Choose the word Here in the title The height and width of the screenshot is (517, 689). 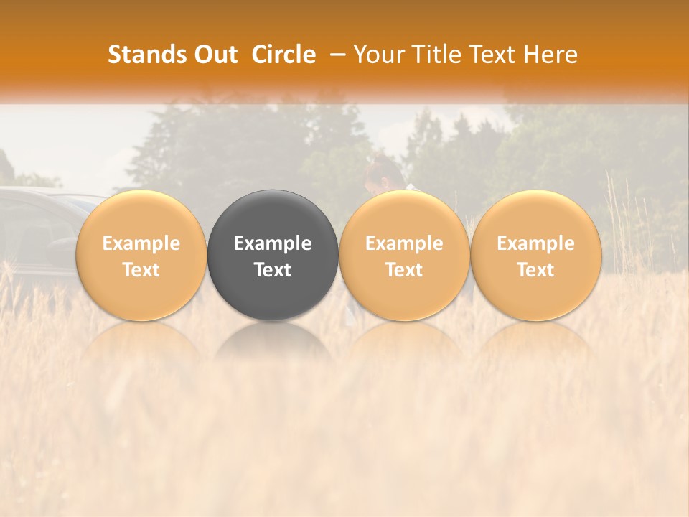click(550, 55)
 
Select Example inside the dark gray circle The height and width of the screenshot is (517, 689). click(273, 243)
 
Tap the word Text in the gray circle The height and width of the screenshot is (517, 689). click(273, 270)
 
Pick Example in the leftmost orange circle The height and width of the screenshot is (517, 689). click(141, 243)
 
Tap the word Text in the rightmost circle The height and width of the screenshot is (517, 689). click(535, 270)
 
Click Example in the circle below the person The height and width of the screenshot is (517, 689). click(404, 243)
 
